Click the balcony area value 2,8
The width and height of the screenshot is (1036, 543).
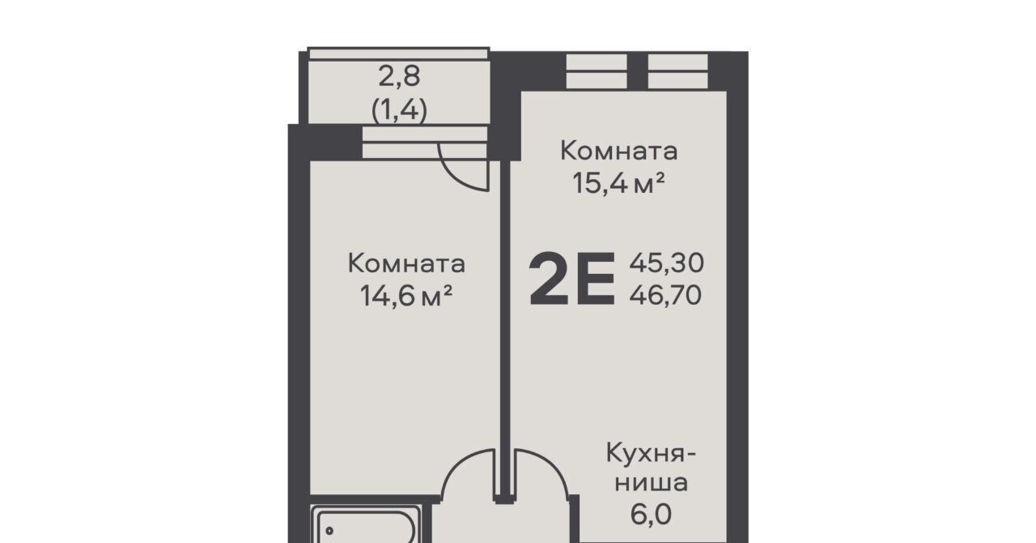click(x=399, y=76)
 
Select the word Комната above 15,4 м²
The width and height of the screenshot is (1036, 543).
click(x=619, y=151)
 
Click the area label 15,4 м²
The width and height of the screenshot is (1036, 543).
click(x=619, y=183)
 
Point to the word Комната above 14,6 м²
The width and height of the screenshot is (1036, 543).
click(x=406, y=263)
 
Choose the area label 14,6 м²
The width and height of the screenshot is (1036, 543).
click(x=406, y=296)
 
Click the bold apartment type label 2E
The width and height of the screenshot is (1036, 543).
click(x=572, y=280)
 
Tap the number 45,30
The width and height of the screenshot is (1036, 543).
click(x=666, y=263)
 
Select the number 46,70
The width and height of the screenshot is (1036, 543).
click(x=665, y=295)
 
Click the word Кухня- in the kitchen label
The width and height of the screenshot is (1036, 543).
click(x=651, y=453)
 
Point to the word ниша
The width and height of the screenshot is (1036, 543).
click(x=651, y=483)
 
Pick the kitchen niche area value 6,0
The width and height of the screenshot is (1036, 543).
click(x=651, y=515)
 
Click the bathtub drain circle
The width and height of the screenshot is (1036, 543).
click(x=329, y=531)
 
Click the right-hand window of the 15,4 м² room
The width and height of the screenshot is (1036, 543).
click(x=678, y=71)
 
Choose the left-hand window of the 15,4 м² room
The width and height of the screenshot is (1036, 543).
click(x=597, y=71)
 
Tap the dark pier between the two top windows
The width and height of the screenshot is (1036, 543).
click(x=637, y=71)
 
